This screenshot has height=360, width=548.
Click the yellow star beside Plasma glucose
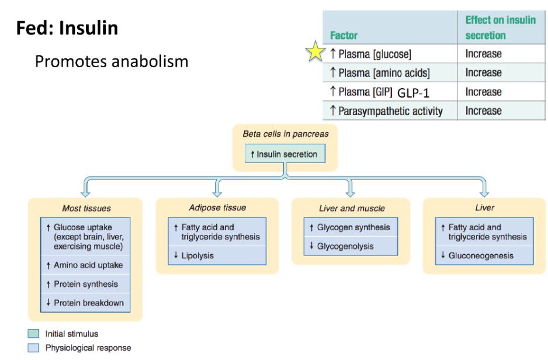pyautogui.click(x=315, y=53)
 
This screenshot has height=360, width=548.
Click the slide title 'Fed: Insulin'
pyautogui.click(x=67, y=27)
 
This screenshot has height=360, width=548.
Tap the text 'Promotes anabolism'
pyautogui.click(x=112, y=61)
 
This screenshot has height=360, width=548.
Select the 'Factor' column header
pyautogui.click(x=344, y=35)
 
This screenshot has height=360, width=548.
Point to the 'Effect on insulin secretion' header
pyautogui.click(x=500, y=27)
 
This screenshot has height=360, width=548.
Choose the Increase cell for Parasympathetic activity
pyautogui.click(x=483, y=111)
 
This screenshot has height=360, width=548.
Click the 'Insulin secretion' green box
pyautogui.click(x=284, y=154)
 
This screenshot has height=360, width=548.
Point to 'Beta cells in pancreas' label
pyautogui.click(x=285, y=134)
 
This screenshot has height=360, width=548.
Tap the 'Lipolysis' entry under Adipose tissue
pyautogui.click(x=197, y=255)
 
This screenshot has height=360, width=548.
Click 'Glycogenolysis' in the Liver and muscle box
pyautogui.click(x=345, y=246)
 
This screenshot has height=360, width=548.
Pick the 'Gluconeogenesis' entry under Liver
pyautogui.click(x=481, y=255)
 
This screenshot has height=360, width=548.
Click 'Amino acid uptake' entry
pyautogui.click(x=88, y=265)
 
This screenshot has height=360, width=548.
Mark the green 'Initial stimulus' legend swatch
pyautogui.click(x=33, y=334)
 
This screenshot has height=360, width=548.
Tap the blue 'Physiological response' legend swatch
pyautogui.click(x=33, y=348)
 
